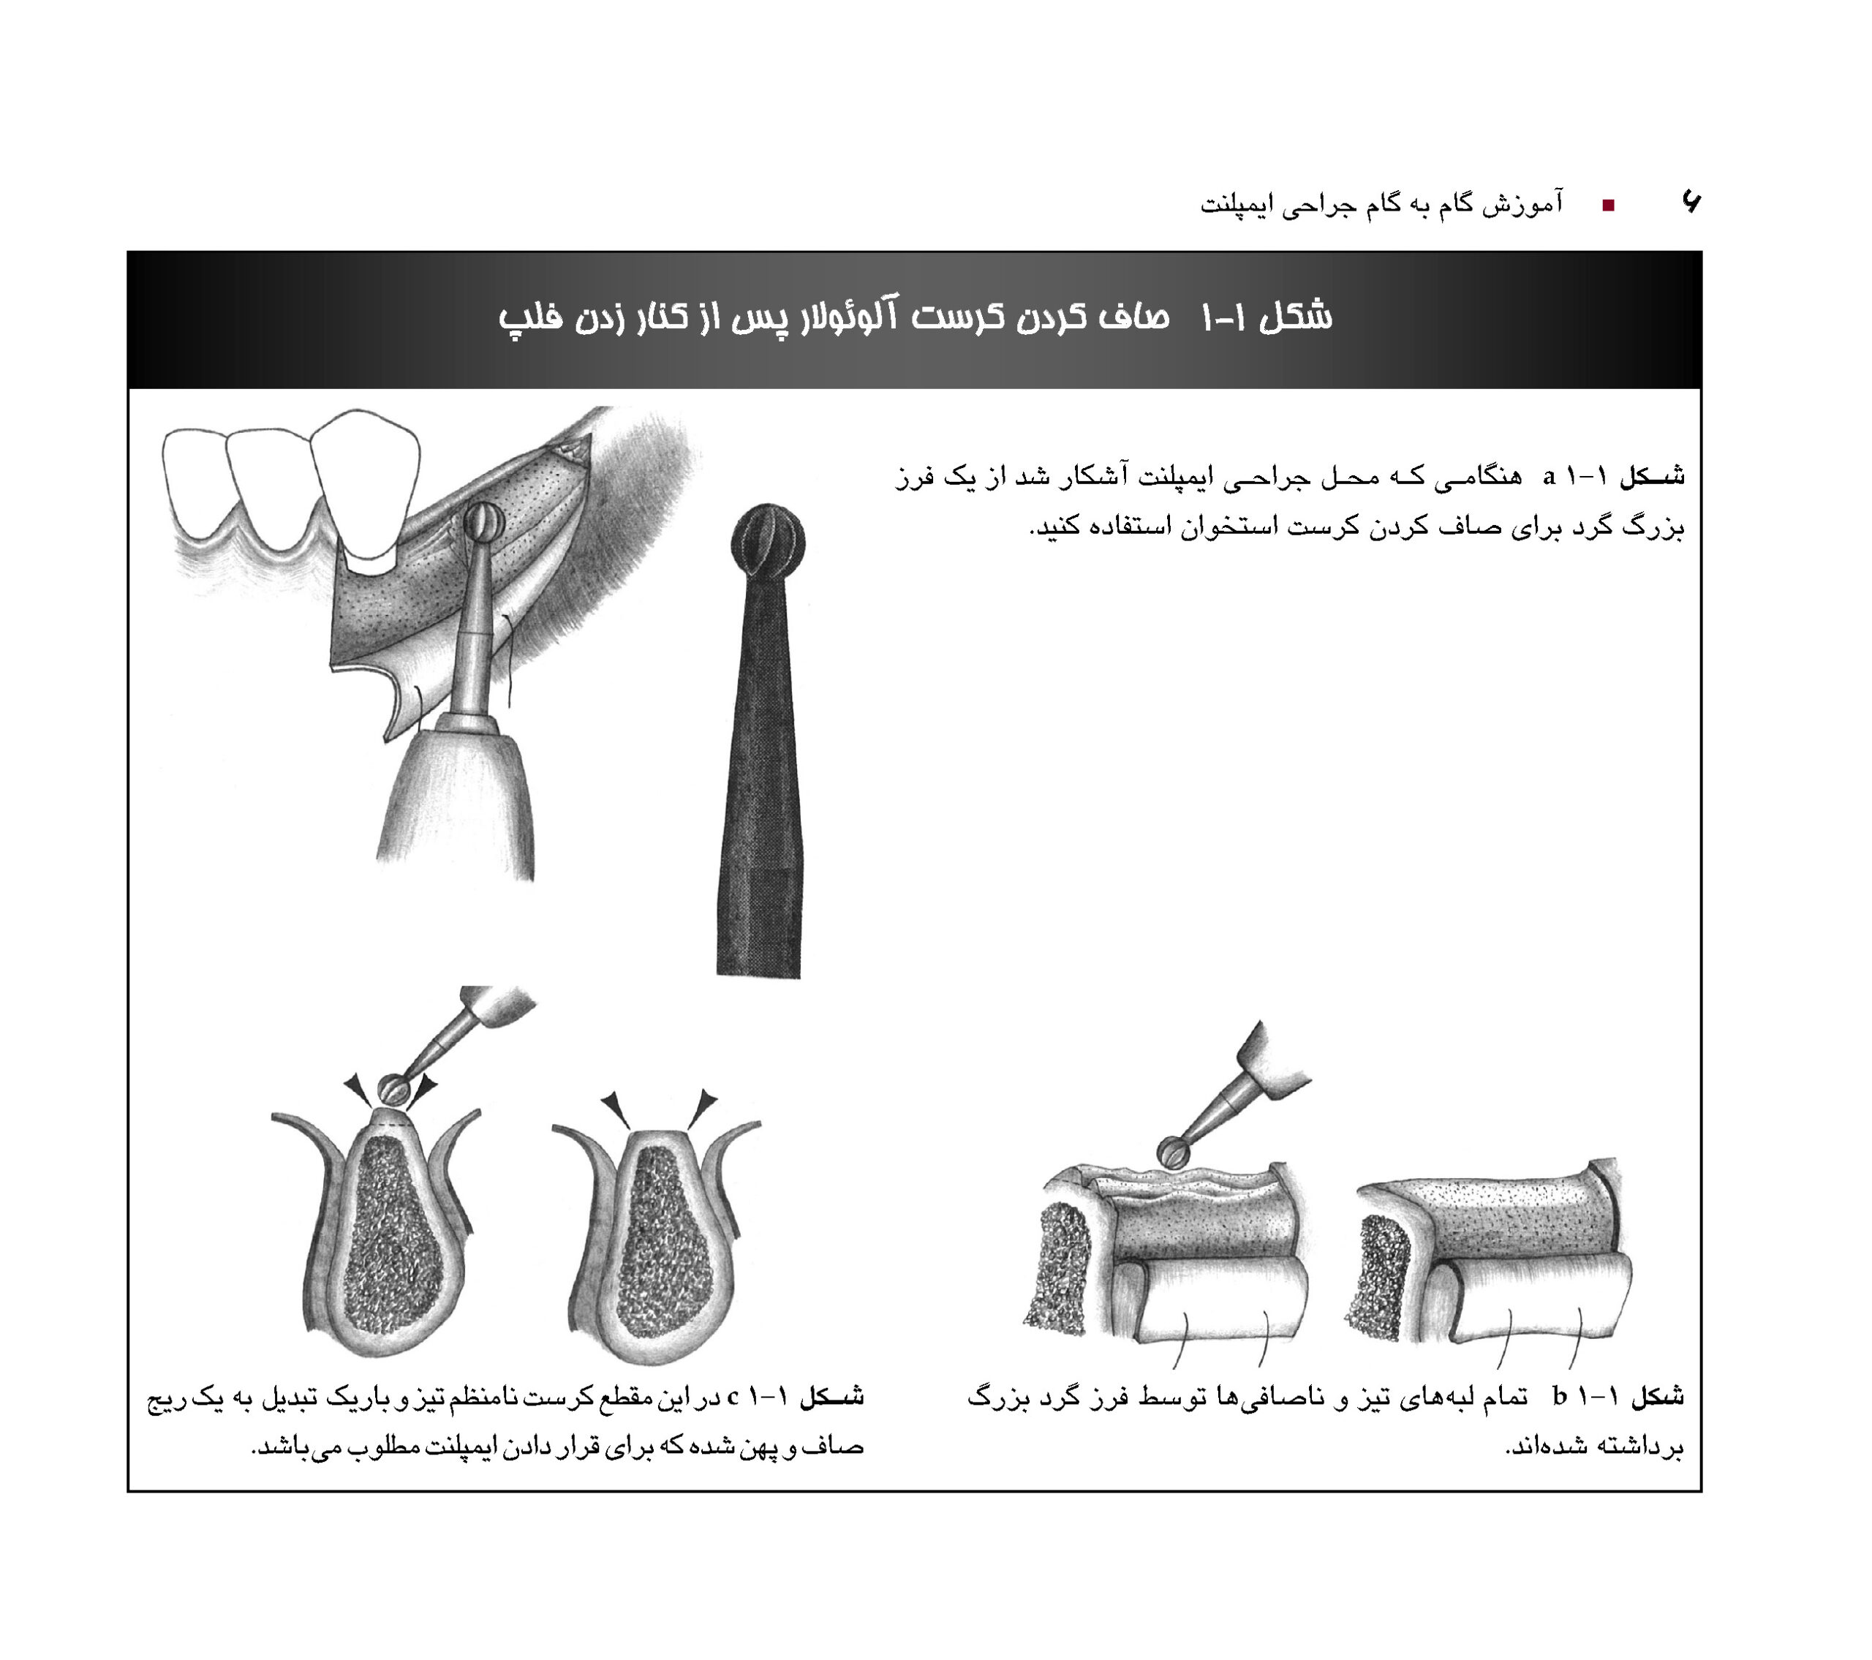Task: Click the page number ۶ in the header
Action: (x=1691, y=202)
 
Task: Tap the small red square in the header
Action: (x=1607, y=205)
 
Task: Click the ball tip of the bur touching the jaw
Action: (x=483, y=525)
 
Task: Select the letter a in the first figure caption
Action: (x=1549, y=475)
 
